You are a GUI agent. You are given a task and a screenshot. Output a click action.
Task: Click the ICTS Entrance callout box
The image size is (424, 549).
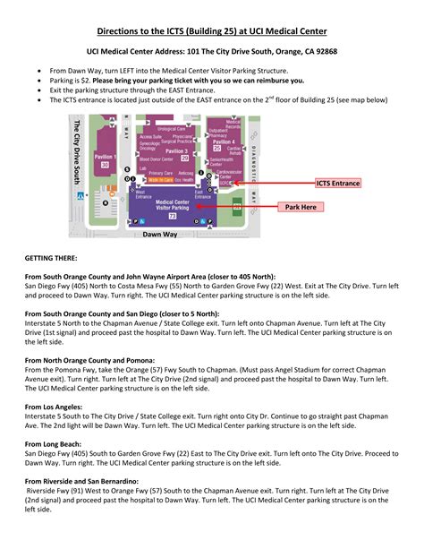338,183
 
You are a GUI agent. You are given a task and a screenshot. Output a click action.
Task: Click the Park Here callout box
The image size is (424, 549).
301,207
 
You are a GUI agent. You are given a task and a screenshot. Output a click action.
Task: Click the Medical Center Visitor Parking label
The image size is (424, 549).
172,205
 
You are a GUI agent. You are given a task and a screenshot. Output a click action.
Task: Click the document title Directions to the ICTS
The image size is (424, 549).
211,30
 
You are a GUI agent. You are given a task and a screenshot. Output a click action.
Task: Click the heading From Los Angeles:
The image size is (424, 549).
56,406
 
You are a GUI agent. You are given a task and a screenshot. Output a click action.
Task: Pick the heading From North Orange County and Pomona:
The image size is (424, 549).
90,359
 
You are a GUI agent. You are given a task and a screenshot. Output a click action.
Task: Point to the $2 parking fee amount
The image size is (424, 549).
90,80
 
